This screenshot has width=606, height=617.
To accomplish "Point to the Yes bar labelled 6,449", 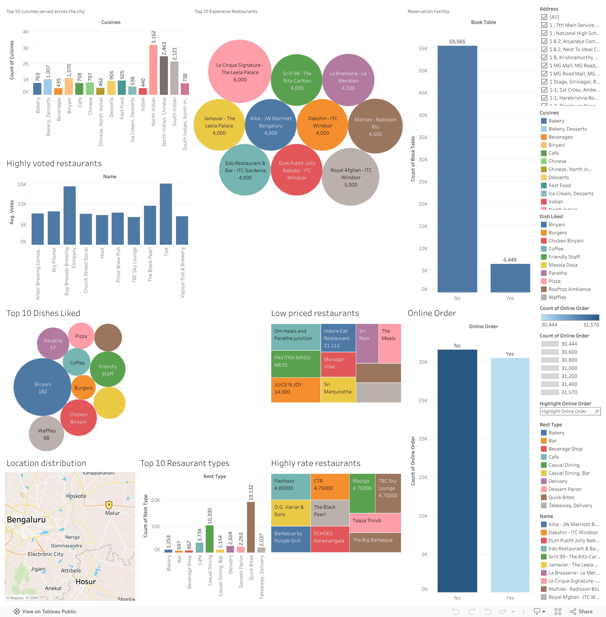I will coord(510,278).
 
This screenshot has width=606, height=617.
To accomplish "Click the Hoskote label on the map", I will coord(76,496).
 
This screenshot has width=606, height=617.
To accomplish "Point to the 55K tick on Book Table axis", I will coord(423,48).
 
